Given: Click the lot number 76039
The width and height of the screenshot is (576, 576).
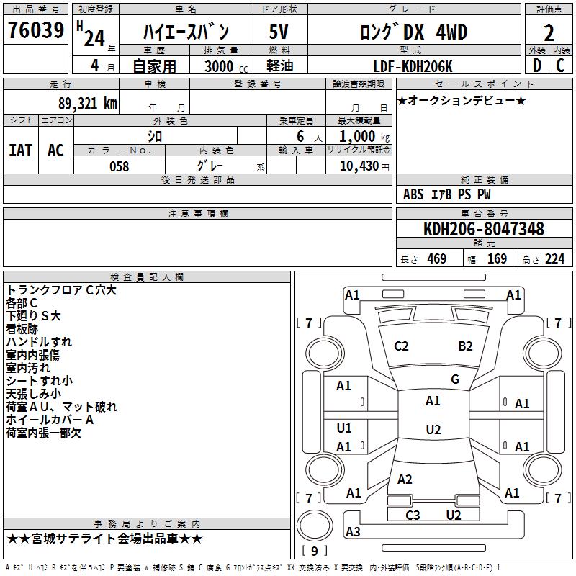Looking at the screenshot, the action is click(x=35, y=30).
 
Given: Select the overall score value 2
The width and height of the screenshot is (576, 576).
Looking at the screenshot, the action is click(x=549, y=33).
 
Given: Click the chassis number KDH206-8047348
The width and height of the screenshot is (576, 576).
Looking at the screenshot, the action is click(x=484, y=230).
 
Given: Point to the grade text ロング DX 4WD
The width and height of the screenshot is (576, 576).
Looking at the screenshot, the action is click(x=413, y=32).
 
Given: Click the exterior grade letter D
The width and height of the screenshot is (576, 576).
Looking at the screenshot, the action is click(x=536, y=66).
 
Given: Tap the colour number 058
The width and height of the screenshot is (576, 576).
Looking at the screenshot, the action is click(x=119, y=166).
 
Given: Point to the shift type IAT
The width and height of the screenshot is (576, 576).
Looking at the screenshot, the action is click(x=20, y=150).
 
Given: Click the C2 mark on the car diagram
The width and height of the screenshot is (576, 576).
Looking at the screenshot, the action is click(x=401, y=346).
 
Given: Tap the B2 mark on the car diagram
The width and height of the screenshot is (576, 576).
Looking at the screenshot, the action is click(x=465, y=346).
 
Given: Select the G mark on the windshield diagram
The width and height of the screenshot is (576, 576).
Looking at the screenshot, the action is click(x=455, y=379).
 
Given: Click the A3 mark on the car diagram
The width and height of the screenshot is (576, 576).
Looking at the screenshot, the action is click(x=353, y=532).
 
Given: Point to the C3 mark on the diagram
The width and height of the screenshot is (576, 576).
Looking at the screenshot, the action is click(x=413, y=515).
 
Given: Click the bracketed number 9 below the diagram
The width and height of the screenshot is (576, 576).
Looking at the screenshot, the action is click(x=315, y=552).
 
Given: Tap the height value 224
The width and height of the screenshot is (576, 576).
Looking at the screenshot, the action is click(x=554, y=259).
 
